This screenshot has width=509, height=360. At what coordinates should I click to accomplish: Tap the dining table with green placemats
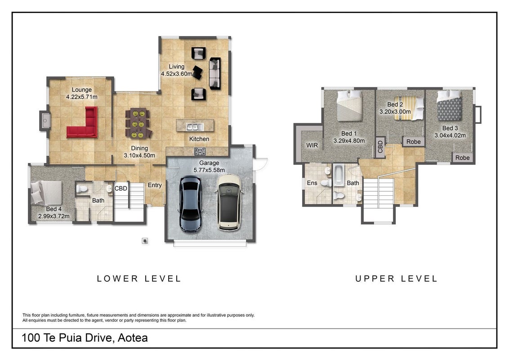138,124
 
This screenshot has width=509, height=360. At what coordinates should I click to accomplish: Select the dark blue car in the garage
190,204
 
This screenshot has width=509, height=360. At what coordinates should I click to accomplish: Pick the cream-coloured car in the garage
229,202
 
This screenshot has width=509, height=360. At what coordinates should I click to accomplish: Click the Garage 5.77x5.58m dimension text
209,170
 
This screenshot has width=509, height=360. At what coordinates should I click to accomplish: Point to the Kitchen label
199,139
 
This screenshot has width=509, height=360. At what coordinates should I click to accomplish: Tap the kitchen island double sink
195,127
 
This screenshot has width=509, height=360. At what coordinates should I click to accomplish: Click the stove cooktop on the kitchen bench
200,151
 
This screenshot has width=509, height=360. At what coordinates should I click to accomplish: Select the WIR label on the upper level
312,145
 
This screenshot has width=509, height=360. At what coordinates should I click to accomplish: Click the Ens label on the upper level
312,183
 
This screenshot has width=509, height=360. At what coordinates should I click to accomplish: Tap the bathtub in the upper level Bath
339,175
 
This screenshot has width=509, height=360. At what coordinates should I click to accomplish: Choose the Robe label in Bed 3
462,157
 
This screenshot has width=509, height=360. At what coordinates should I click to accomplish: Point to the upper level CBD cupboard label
380,147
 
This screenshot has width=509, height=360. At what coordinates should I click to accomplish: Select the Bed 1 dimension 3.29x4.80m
349,141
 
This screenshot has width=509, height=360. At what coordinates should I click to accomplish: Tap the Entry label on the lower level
155,185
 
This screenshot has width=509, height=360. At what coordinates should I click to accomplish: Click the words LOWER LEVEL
139,279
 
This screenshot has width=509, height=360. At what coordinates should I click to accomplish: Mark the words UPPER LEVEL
396,279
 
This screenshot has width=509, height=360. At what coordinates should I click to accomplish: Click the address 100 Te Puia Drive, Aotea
85,337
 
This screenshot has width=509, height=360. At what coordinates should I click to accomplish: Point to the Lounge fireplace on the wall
45,121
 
